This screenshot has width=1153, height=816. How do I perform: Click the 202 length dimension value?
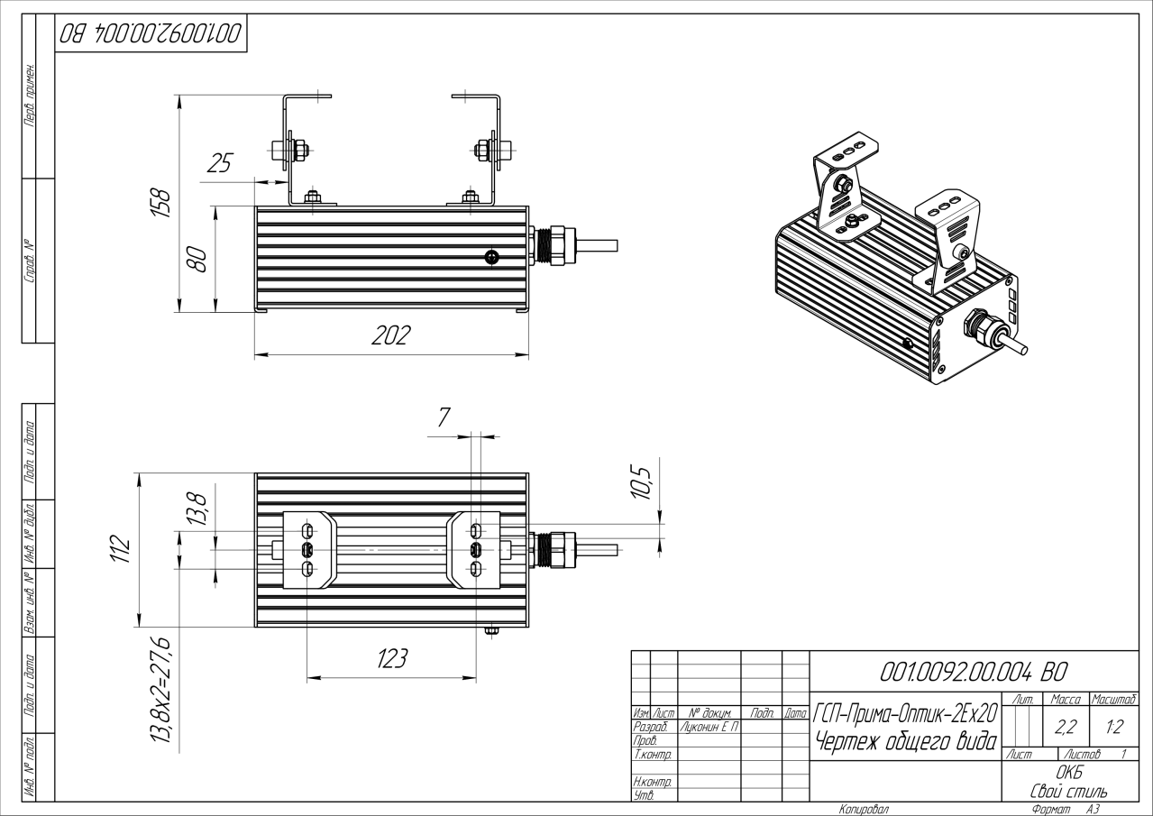(391, 336)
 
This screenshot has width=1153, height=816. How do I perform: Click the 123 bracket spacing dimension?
(391, 659)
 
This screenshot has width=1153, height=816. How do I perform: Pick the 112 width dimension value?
(121, 548)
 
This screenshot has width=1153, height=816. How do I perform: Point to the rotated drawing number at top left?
(151, 35)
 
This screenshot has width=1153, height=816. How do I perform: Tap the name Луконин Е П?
(709, 727)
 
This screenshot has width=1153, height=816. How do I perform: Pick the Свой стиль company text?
(1069, 791)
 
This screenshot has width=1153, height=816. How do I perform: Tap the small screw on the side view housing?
(490, 258)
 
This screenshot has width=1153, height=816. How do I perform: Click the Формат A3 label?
(1065, 810)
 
